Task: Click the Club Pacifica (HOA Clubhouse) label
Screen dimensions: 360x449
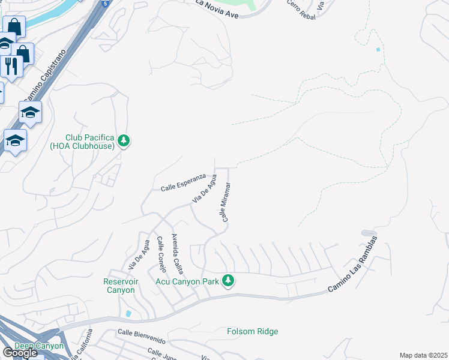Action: [x=90, y=142]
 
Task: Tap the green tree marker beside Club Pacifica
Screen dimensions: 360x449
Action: [x=124, y=141]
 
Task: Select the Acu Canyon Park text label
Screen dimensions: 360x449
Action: [x=187, y=281]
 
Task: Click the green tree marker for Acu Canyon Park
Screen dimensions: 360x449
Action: [x=228, y=280]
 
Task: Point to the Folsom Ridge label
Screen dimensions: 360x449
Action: [x=252, y=331]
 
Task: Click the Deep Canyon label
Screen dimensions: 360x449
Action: [x=38, y=346]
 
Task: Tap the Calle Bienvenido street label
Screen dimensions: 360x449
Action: [x=142, y=332]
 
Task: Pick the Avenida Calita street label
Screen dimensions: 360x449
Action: [x=177, y=250]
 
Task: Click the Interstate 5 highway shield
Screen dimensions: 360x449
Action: [x=105, y=4]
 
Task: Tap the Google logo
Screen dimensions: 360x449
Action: [x=20, y=353]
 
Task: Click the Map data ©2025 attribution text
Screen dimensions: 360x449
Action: [x=423, y=355]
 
